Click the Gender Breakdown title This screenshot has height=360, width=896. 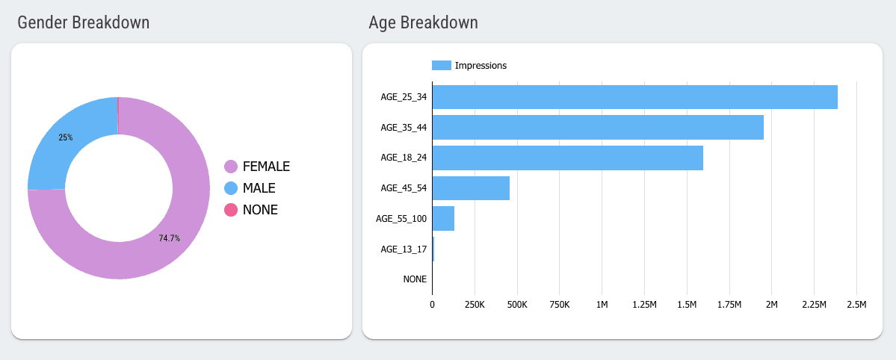click(x=83, y=22)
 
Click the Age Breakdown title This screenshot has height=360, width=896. click(x=423, y=22)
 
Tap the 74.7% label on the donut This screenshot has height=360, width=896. click(x=169, y=238)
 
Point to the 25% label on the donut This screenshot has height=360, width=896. click(x=66, y=137)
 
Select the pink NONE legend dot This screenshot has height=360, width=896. click(x=231, y=211)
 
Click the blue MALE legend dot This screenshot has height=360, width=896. click(x=231, y=188)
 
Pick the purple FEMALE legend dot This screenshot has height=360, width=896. click(x=231, y=167)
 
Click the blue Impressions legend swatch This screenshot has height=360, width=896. click(x=442, y=66)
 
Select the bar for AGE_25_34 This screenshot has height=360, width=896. click(x=634, y=97)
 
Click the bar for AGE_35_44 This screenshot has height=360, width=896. click(x=598, y=127)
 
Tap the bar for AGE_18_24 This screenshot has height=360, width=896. click(x=567, y=158)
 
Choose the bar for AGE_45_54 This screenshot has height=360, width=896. click(x=471, y=188)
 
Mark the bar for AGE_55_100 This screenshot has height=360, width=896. click(x=443, y=219)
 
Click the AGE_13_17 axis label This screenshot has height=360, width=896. click(x=404, y=249)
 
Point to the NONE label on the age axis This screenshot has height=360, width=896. click(x=415, y=279)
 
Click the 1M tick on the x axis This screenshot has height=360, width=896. click(x=602, y=305)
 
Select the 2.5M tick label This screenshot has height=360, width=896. click(x=856, y=305)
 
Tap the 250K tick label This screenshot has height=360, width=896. click(x=475, y=305)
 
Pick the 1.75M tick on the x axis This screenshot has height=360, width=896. click(x=729, y=305)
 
